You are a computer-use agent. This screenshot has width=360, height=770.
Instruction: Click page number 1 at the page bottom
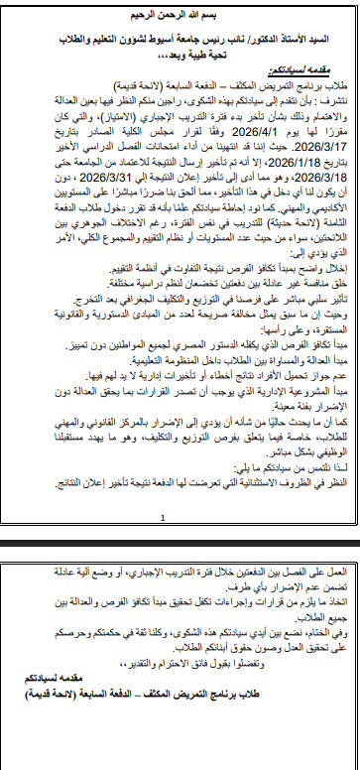point(179,545)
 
